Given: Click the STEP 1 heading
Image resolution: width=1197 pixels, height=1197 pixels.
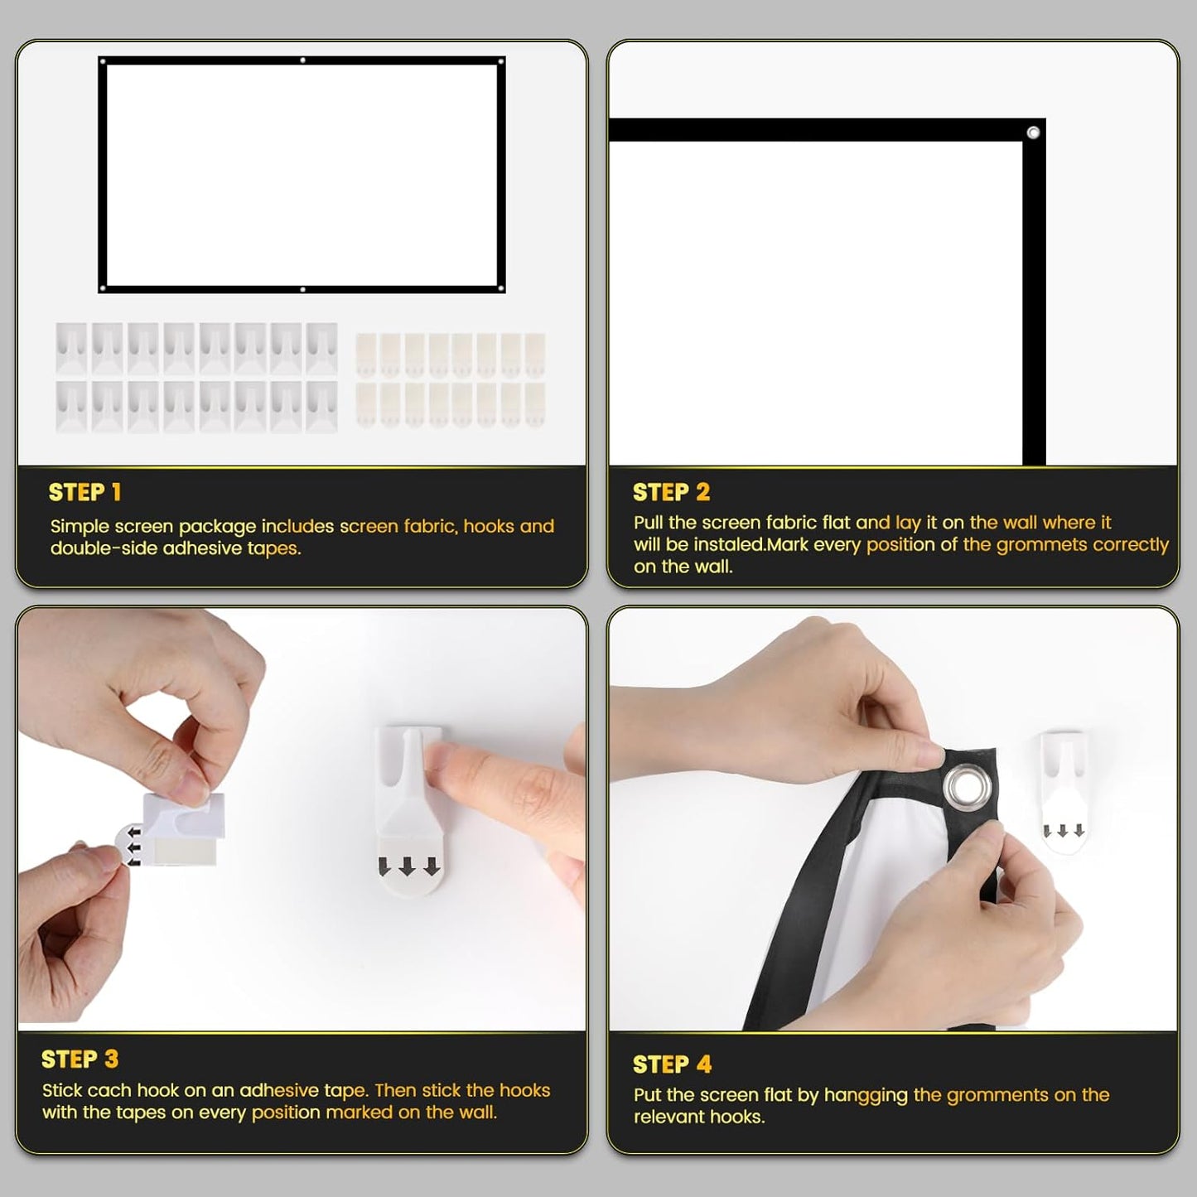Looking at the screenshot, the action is tap(85, 493).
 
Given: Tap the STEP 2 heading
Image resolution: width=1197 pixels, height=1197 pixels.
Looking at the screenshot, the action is tap(671, 493).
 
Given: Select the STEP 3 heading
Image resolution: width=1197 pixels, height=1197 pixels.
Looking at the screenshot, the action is tap(80, 1059).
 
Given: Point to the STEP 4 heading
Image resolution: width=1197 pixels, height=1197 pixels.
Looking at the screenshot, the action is tap(672, 1064).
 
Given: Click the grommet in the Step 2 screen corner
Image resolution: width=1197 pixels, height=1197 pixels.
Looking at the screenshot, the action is tap(1033, 133).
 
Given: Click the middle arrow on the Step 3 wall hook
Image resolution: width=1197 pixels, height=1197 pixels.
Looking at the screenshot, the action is tap(408, 866).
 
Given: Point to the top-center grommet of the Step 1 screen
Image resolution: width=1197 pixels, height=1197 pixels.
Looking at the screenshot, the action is tap(302, 60).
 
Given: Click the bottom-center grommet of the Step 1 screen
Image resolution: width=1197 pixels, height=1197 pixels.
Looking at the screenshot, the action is tap(302, 289).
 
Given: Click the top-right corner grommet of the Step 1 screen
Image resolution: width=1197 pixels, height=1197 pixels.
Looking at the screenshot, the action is tap(500, 60).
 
